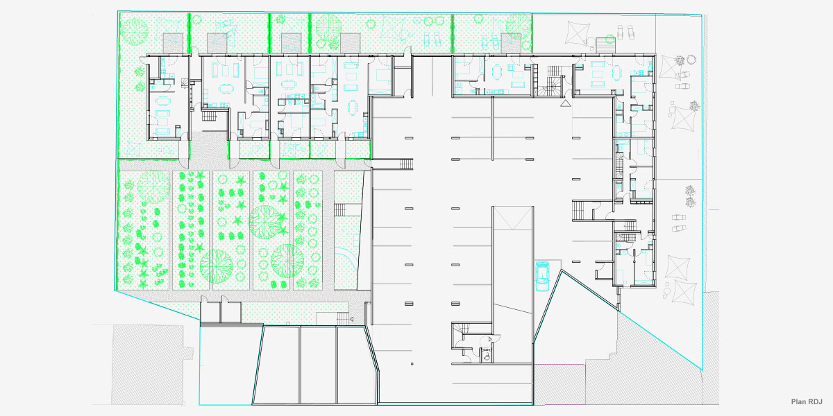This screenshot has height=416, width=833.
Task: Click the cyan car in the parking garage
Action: (x=542, y=275)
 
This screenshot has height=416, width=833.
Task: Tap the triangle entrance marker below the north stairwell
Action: (x=566, y=103)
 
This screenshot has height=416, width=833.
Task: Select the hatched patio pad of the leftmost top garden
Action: (x=173, y=42)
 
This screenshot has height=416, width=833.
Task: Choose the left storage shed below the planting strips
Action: (x=210, y=310)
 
